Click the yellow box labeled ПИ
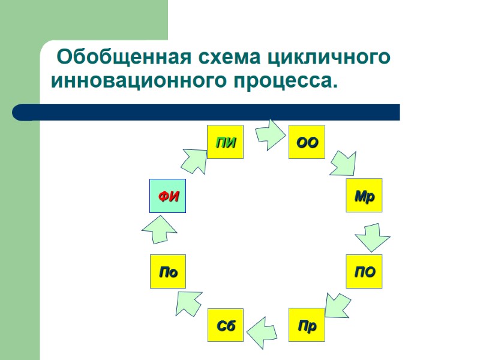point(225,142)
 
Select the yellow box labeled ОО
point(307,142)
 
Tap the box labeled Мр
point(364,196)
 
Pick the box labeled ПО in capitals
point(364,272)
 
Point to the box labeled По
point(167,272)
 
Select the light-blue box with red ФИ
point(167,196)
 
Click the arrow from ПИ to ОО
point(271,134)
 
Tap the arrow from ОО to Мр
point(343,163)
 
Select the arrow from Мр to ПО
point(372,237)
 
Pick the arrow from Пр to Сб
point(262,332)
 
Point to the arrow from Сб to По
point(189,302)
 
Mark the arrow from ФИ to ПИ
point(193,161)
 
